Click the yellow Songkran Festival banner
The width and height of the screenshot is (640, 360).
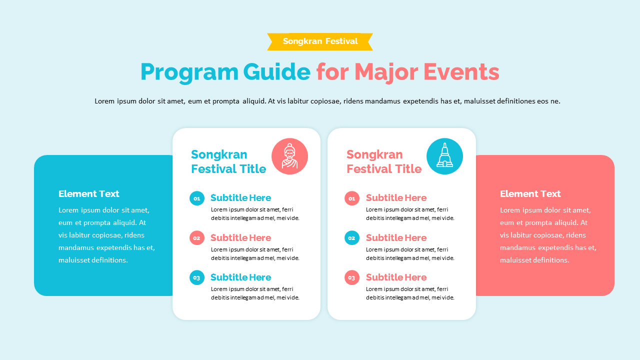click(320, 41)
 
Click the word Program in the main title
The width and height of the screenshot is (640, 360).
click(188, 72)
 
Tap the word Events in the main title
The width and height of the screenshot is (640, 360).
click(461, 71)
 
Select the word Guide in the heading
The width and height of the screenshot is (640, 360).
click(276, 71)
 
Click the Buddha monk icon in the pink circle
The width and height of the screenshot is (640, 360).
click(289, 156)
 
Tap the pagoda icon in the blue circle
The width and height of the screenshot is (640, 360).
click(444, 156)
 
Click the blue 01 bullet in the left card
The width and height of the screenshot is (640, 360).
click(197, 198)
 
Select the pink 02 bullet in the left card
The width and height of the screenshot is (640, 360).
click(197, 238)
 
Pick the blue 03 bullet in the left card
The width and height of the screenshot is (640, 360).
click(197, 277)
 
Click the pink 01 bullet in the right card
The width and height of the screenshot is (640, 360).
click(352, 198)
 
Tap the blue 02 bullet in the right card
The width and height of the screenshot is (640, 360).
click(352, 238)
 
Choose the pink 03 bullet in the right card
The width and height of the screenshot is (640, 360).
click(352, 277)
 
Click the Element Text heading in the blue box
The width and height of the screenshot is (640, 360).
click(89, 194)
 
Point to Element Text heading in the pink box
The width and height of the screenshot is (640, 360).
click(530, 194)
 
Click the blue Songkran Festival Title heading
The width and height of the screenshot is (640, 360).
click(228, 161)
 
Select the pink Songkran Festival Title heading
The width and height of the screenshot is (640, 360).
click(383, 161)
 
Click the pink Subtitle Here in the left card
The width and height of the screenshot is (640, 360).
click(240, 238)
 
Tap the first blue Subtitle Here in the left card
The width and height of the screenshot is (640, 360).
click(240, 198)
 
